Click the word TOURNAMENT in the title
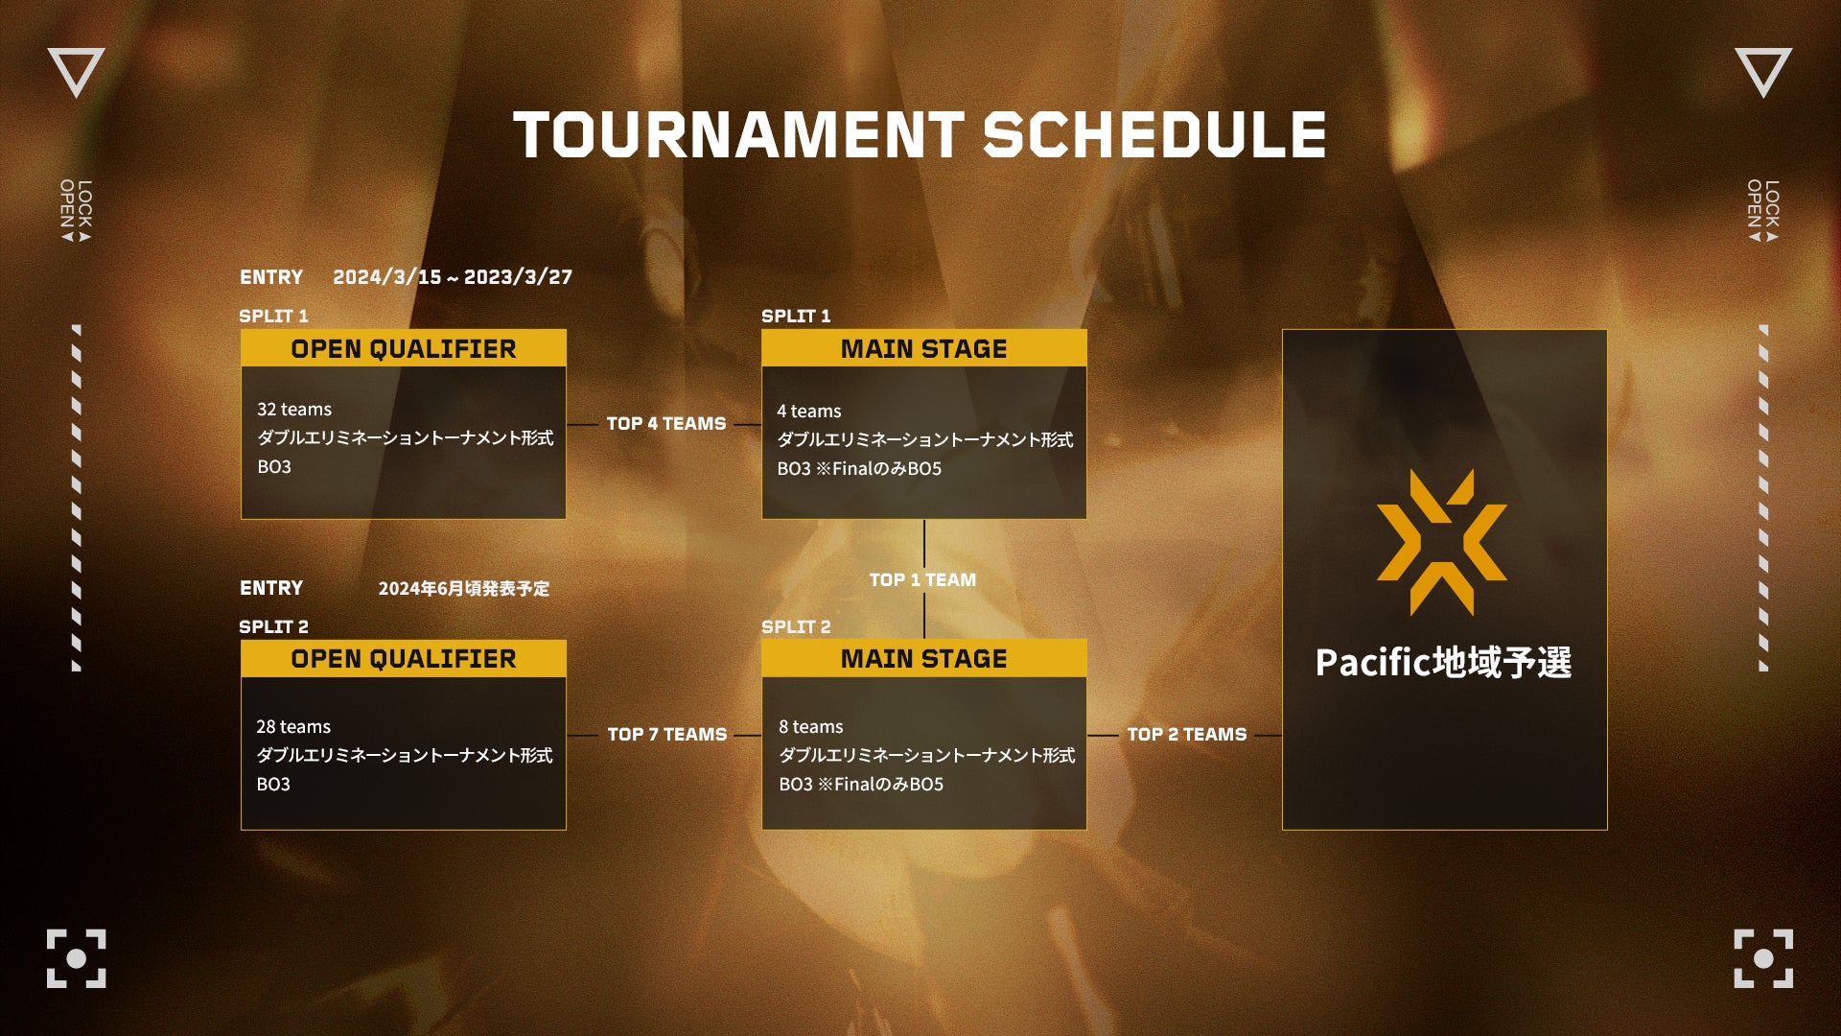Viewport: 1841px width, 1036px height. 738,134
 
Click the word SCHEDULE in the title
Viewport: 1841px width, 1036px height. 1155,134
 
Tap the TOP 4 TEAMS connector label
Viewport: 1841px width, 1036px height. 666,424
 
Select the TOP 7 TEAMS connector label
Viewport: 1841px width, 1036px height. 667,735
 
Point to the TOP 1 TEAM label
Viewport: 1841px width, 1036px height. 922,580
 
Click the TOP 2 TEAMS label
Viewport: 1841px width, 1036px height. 1187,735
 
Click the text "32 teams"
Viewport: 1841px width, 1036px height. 294,410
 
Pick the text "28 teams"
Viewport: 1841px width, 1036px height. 293,727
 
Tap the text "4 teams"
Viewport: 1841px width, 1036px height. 809,412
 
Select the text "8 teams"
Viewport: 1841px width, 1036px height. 811,727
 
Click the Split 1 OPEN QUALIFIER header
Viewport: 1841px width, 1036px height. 404,348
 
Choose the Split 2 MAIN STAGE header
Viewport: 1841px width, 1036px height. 924,659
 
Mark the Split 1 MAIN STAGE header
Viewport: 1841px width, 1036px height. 924,348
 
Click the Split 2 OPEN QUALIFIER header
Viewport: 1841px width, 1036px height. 404,659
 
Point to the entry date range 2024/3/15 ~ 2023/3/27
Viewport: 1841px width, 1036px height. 453,277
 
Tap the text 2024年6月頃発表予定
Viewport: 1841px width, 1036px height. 464,588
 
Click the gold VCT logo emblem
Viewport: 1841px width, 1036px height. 1442,542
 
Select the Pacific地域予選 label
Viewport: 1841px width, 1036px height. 1444,663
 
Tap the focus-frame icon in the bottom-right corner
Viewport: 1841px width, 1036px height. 1763,958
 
